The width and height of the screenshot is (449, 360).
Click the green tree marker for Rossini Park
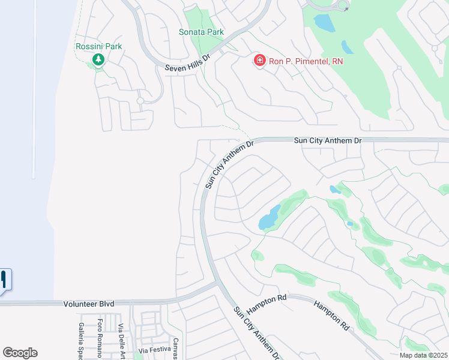(x=98, y=59)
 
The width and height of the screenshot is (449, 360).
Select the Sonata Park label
(x=201, y=32)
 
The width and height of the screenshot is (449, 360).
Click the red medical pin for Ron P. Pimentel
(x=259, y=61)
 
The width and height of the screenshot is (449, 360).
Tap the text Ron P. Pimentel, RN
(x=306, y=61)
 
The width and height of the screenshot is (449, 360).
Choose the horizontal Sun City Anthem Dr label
(x=328, y=140)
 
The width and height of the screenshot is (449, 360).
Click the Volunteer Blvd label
(x=88, y=304)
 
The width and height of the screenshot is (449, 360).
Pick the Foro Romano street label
(x=100, y=336)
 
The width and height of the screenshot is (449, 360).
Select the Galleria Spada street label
(x=81, y=340)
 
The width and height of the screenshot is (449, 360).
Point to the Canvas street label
(x=176, y=349)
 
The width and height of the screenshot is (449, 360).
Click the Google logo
(x=20, y=353)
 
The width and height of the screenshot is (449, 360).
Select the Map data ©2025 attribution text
(x=423, y=355)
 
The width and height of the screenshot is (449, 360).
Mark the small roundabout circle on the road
(x=343, y=5)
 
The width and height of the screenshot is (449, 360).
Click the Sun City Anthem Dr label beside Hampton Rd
(x=257, y=333)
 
